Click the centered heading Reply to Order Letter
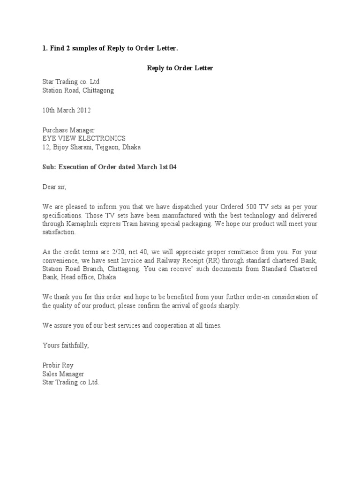click(x=180, y=68)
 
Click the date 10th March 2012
click(x=67, y=110)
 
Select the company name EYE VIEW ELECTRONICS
click(x=84, y=138)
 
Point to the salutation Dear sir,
click(x=54, y=187)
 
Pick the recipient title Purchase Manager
click(x=68, y=130)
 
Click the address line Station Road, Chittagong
click(x=78, y=90)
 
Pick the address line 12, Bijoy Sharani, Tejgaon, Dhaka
click(x=91, y=147)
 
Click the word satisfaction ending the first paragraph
click(x=59, y=232)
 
